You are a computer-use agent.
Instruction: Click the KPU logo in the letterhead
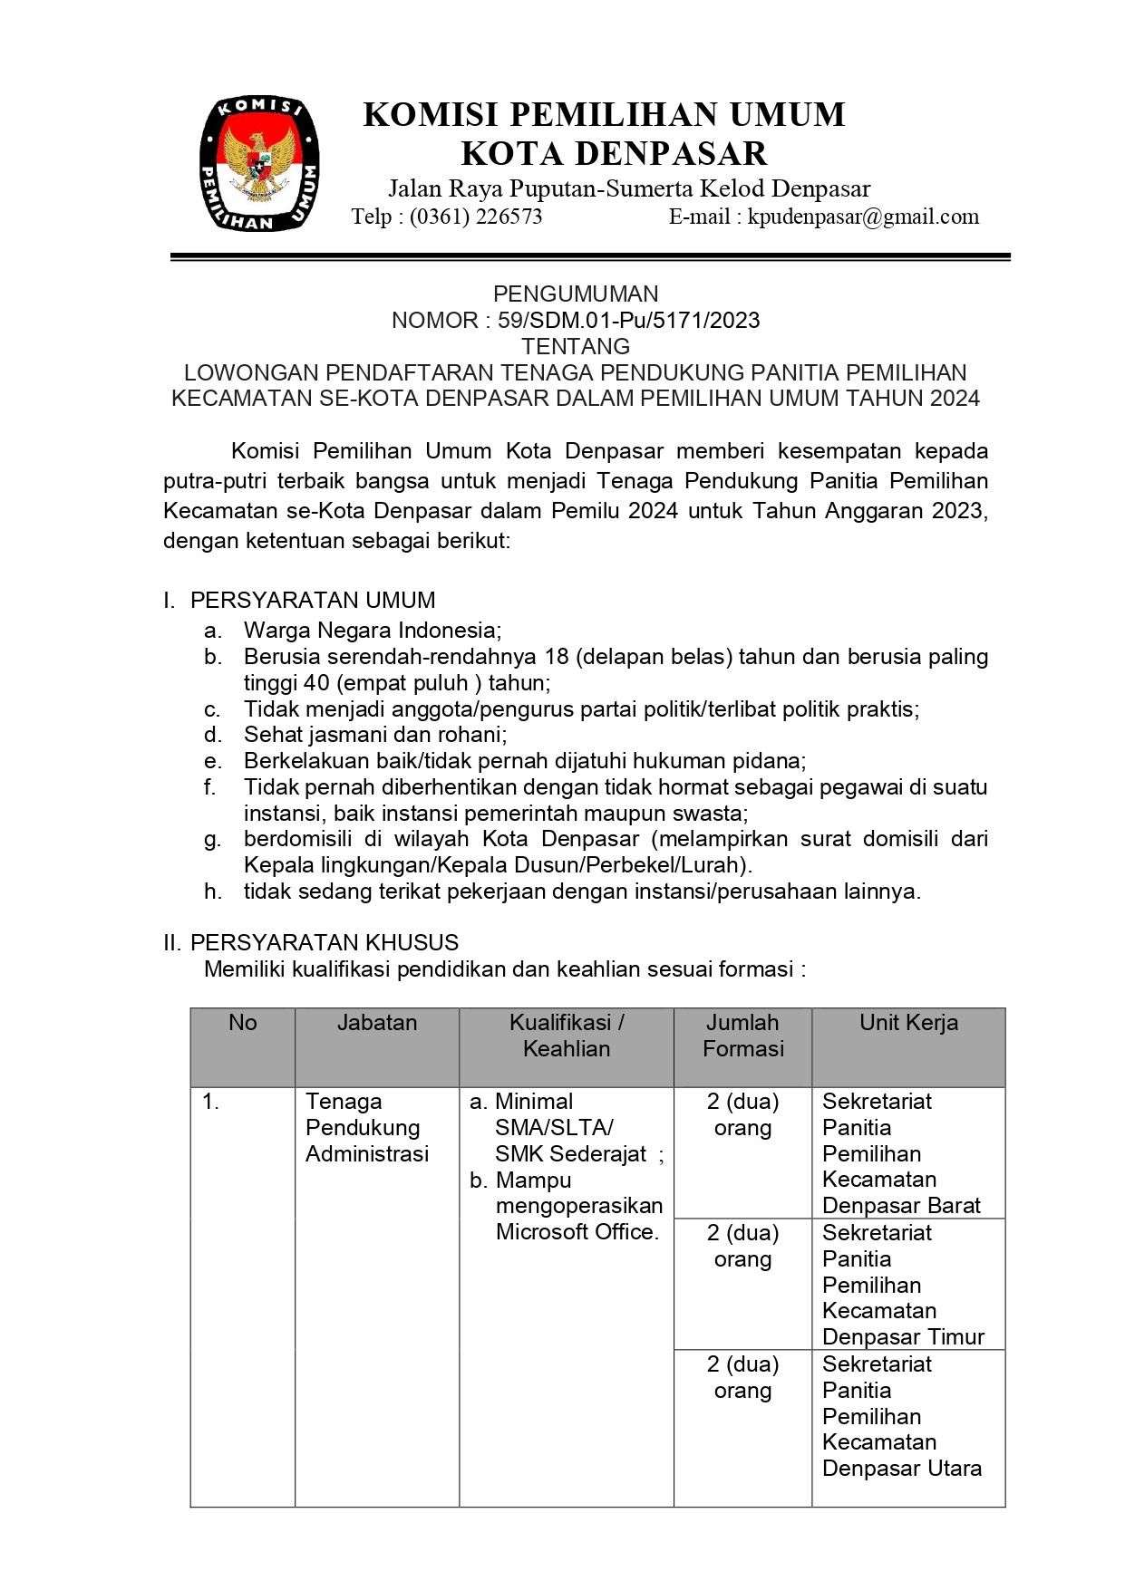click(258, 164)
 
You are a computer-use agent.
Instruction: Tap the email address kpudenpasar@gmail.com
click(863, 217)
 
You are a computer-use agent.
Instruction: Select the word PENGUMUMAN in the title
click(576, 294)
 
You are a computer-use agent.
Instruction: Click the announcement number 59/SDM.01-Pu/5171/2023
click(628, 320)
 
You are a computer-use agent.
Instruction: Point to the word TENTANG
click(576, 346)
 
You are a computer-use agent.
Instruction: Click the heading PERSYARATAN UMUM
click(313, 600)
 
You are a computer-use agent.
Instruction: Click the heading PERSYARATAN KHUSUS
click(325, 942)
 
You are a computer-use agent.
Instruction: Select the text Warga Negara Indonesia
click(372, 630)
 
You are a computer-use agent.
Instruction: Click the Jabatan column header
click(377, 1023)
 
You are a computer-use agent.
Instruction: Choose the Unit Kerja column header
click(908, 1023)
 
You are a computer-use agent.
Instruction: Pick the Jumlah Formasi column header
click(742, 1036)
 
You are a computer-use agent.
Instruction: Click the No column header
click(243, 1023)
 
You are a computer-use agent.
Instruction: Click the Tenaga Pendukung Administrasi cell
click(367, 1127)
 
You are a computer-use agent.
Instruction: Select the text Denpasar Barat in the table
click(901, 1206)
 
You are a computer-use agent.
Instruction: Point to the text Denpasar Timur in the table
click(903, 1337)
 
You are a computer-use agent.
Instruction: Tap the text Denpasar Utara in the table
click(902, 1468)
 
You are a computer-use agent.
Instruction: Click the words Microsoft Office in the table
click(577, 1232)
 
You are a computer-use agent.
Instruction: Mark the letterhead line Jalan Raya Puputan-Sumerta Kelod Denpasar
click(629, 188)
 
